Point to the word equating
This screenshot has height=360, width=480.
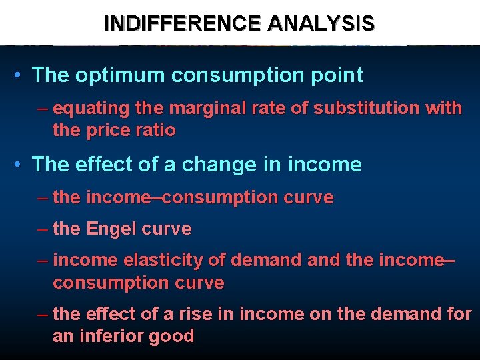click(85, 108)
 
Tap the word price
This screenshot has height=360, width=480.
click(108, 130)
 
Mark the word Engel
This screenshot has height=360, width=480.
click(111, 229)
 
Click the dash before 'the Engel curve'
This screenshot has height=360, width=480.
click(43, 229)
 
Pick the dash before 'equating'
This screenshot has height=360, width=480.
click(43, 108)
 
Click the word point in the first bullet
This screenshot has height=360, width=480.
click(339, 75)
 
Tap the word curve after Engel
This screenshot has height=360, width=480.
click(167, 229)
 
